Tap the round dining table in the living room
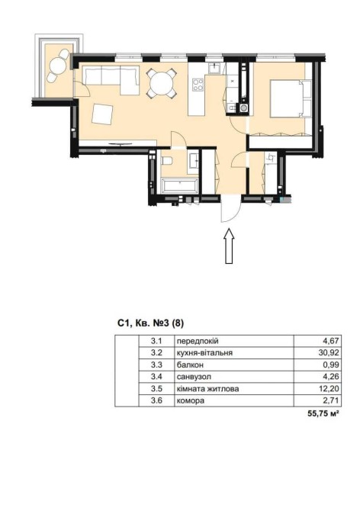point(162,83)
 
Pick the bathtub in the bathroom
point(180,186)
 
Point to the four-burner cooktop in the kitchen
point(198,85)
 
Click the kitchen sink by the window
point(214,68)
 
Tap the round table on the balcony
point(57,66)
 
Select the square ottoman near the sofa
point(102,114)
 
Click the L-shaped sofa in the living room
point(111,80)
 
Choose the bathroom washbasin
point(193,160)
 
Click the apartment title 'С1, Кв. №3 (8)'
point(151,323)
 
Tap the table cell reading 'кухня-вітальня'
point(204,352)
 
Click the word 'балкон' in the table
point(190,365)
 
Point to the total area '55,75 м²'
point(322,413)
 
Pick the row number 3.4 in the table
point(156,377)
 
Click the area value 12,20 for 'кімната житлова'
point(329,388)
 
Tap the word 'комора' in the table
point(190,400)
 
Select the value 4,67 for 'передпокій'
point(331,341)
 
